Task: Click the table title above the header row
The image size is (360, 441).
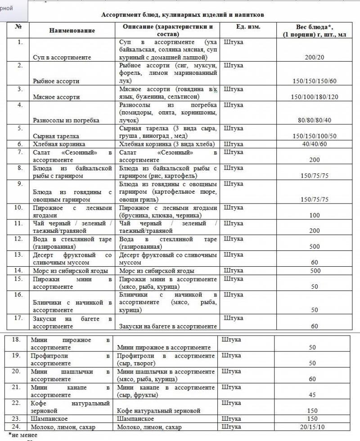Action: click(182, 15)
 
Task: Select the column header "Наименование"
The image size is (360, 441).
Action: click(72, 30)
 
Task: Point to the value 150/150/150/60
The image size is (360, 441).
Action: click(315, 81)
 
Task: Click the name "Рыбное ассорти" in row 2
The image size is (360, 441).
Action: click(56, 81)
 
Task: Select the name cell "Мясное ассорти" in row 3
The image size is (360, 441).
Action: click(56, 97)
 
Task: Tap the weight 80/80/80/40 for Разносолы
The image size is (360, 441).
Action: click(315, 120)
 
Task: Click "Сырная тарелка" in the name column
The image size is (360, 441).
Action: click(56, 136)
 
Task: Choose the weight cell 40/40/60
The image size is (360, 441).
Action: click(315, 144)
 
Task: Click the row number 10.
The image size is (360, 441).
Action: click(18, 208)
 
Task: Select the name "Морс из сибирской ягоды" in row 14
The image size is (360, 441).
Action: click(70, 271)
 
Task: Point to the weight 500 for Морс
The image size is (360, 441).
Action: click(315, 271)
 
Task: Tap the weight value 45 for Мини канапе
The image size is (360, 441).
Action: click(312, 395)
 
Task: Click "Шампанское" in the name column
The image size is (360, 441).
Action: click(47, 418)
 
